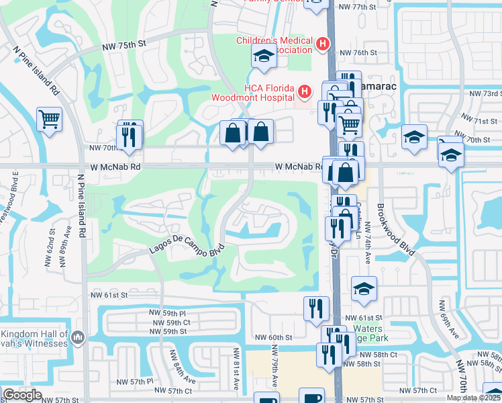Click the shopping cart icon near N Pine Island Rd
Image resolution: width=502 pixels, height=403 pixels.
pos(49,120)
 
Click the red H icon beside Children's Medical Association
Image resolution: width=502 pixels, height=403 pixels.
pos(323,44)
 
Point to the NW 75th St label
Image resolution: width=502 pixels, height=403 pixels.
pos(124,46)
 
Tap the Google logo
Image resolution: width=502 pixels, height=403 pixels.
pos(22,395)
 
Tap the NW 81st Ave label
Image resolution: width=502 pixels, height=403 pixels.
pos(236,368)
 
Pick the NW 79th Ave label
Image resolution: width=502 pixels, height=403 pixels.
pos(274,366)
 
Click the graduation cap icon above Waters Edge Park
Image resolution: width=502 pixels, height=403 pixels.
pos(364,288)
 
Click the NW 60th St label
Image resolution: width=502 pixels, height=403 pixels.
pos(274,337)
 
